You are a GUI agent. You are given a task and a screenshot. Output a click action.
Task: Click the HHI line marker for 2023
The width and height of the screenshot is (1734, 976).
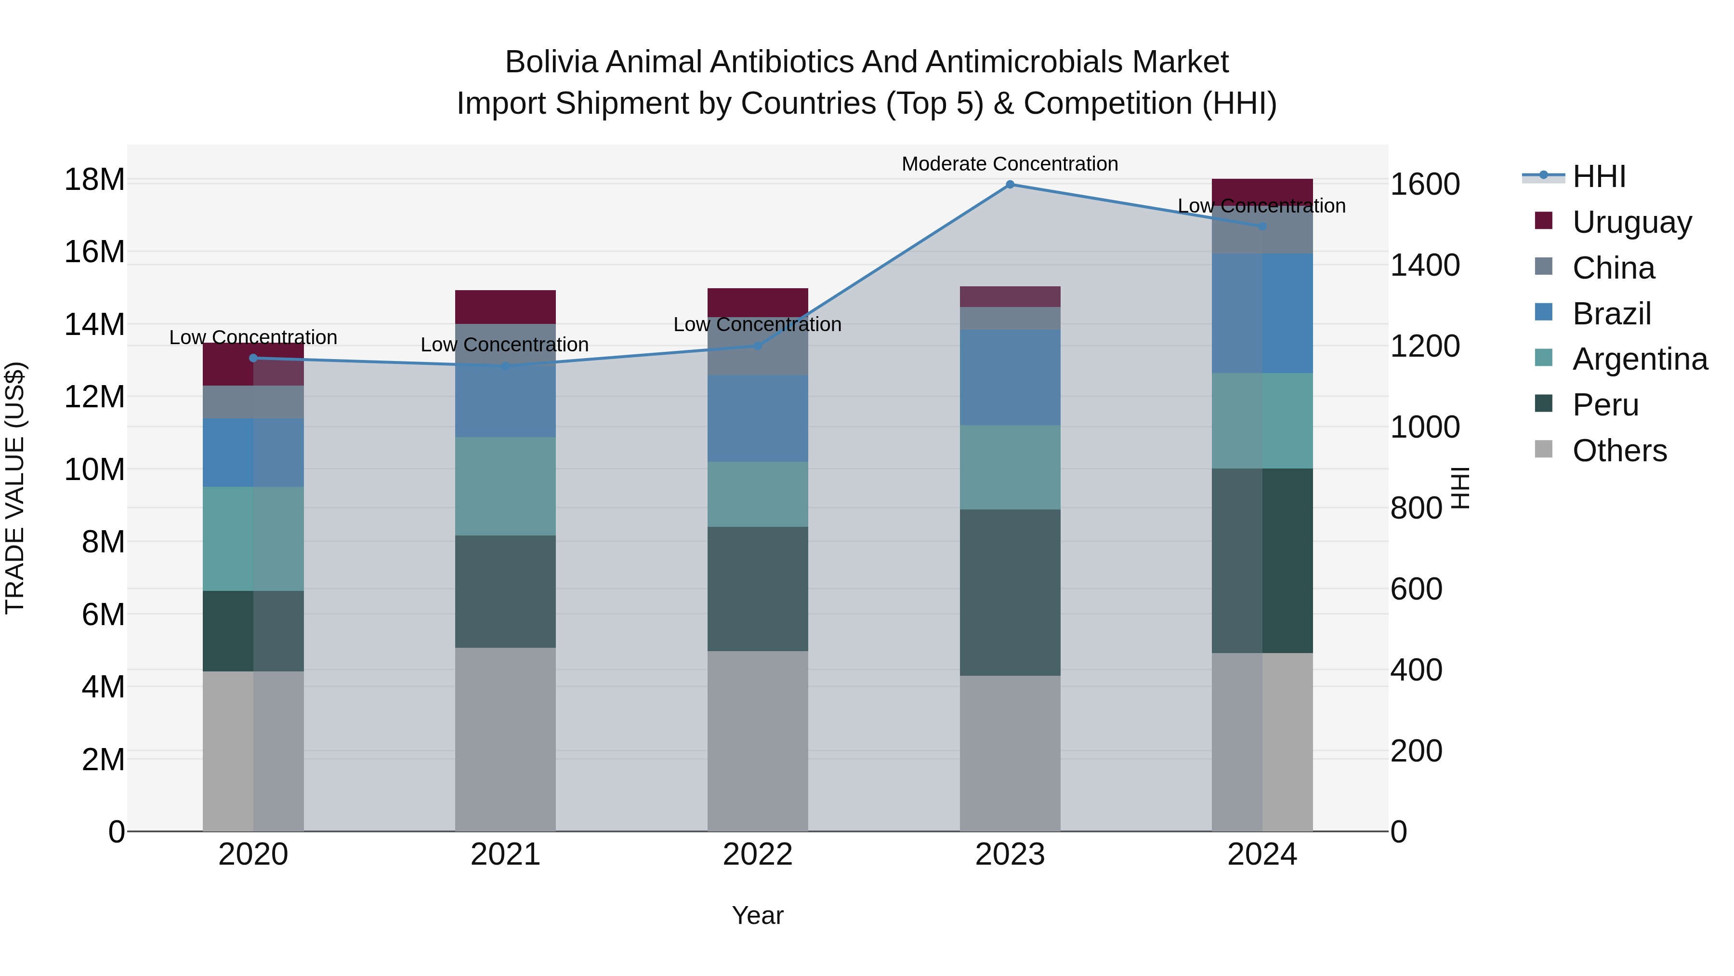(x=1010, y=184)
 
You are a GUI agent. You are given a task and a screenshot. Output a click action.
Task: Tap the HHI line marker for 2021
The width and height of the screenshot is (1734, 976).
(x=506, y=366)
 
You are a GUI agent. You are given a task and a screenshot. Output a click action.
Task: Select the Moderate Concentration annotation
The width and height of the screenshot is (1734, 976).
(x=1010, y=164)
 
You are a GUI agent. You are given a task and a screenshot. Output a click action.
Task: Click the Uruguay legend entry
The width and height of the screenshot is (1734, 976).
(x=1632, y=222)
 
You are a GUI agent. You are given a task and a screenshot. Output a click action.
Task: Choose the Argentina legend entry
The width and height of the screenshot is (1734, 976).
(x=1640, y=359)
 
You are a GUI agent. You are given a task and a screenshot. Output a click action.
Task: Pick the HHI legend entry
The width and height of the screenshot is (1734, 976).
(x=1599, y=176)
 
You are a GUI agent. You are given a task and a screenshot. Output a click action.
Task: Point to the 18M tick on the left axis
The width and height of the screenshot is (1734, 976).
(x=94, y=180)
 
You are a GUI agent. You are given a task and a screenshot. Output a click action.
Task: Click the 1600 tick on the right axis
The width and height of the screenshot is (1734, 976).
(x=1425, y=185)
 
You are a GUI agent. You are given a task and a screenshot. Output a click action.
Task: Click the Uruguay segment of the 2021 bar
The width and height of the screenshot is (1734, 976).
(x=506, y=307)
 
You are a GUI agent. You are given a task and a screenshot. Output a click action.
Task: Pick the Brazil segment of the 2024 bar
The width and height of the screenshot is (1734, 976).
(x=1262, y=313)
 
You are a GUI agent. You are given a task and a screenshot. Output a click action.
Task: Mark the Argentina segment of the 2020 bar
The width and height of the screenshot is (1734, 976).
(x=253, y=539)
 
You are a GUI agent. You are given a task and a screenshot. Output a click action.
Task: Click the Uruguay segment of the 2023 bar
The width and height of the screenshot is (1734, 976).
(x=1010, y=296)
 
